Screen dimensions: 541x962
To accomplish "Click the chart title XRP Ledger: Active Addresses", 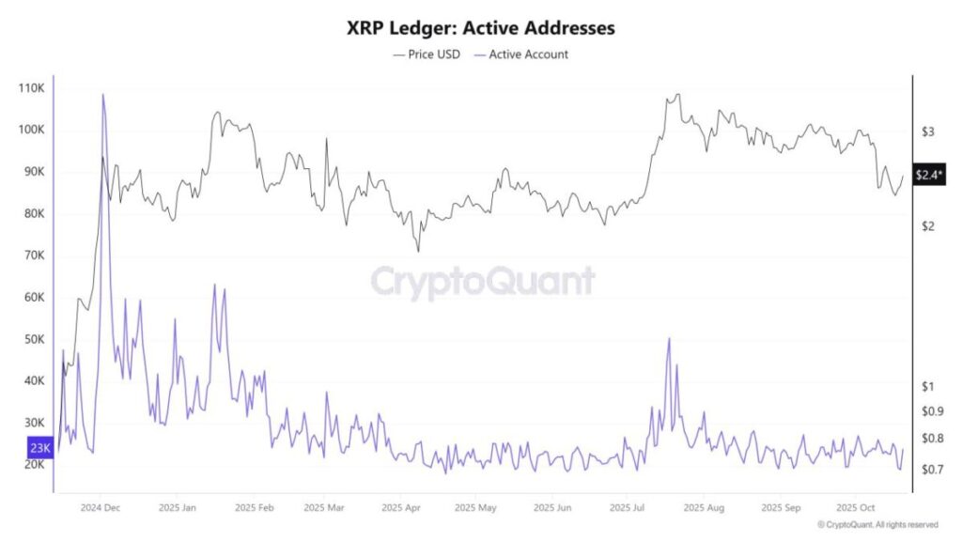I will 480,28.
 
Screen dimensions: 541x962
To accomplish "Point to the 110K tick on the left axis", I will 31,88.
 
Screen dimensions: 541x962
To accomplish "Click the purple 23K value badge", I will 39,448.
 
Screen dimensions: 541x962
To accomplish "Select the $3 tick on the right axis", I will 927,131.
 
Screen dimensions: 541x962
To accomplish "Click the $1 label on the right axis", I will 927,386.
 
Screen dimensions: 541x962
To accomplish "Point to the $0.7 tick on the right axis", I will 932,469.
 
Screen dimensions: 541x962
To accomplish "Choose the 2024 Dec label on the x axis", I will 100,507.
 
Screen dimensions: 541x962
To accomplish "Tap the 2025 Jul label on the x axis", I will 628,507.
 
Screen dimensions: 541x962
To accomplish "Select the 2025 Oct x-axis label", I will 856,507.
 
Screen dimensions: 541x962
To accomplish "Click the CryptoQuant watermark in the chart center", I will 482,282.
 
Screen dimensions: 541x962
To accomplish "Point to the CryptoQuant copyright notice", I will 877,524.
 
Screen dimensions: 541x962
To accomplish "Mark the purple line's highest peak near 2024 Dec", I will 102,95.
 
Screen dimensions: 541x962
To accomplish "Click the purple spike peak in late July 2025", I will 669,339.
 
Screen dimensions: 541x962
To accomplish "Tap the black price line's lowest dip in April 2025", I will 418,251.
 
